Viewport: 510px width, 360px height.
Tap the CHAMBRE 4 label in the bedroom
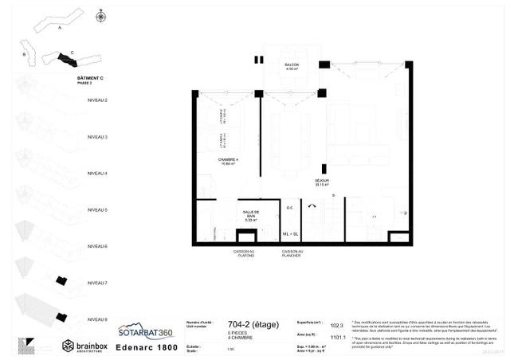pos(229,162)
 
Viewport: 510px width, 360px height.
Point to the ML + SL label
pos(290,234)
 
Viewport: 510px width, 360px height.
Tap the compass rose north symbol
pos(100,15)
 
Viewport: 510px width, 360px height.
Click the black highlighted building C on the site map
pos(61,59)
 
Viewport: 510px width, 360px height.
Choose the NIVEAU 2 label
pos(97,100)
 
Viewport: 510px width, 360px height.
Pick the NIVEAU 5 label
pos(97,209)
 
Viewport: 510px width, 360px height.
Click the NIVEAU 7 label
pos(97,283)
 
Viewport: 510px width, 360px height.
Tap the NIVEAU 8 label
pos(97,319)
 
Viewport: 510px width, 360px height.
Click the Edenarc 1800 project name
pos(147,347)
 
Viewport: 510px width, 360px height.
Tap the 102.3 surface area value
pos(336,325)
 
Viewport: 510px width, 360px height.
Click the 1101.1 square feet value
pos(337,337)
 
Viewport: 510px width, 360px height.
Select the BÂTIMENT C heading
pos(90,78)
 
